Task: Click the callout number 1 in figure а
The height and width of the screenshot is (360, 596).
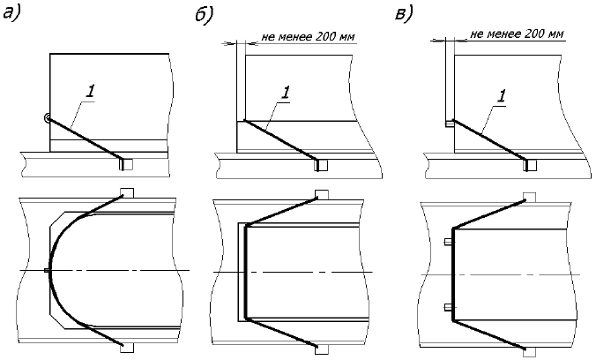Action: (91, 88)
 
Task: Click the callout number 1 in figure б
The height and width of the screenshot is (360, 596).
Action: (284, 92)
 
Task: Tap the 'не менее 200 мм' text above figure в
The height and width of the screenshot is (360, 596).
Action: (516, 34)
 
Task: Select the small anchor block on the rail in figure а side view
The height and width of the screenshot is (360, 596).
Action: (125, 162)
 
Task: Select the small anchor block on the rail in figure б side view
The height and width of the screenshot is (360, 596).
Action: (321, 163)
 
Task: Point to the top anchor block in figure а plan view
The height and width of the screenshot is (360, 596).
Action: (125, 193)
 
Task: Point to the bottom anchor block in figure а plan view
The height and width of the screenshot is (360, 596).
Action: (125, 347)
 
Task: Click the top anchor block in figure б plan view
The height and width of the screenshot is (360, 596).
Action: (321, 194)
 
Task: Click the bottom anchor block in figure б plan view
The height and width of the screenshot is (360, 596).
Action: (321, 347)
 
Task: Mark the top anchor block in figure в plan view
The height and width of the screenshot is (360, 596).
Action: (529, 197)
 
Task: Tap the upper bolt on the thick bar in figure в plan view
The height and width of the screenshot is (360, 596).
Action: (448, 239)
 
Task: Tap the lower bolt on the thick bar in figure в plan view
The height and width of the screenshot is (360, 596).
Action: (448, 307)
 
